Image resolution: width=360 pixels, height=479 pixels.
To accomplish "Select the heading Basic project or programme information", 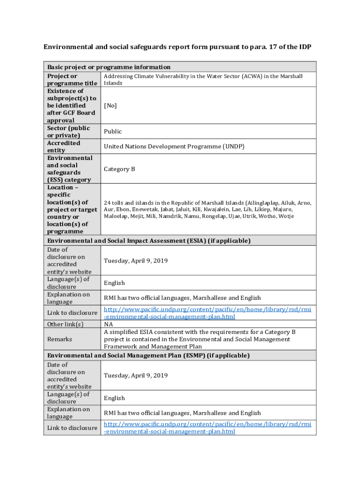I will [108, 67].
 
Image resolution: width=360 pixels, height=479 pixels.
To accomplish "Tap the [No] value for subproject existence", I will [110, 106].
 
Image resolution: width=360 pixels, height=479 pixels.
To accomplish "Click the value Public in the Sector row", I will [113, 132].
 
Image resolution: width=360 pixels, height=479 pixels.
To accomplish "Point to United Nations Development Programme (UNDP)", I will [174, 146].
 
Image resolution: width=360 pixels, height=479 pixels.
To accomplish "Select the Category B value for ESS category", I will [119, 169].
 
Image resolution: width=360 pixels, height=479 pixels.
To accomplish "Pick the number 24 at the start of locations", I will [107, 203].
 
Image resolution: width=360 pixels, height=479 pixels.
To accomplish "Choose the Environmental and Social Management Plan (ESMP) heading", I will [148, 356].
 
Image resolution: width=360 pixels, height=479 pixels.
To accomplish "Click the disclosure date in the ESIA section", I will [136, 261].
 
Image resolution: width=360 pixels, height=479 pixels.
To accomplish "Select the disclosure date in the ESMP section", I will [136, 375].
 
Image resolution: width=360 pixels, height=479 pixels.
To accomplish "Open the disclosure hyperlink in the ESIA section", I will [207, 313].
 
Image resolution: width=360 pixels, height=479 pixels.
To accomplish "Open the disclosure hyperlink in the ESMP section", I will [207, 428].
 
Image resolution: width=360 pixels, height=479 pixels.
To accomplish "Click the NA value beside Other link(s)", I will [108, 324].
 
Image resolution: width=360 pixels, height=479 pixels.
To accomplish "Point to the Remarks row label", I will [59, 339].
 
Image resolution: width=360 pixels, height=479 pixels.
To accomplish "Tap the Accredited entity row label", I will [64, 146].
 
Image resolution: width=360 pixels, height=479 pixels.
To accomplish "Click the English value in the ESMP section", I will [115, 398].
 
